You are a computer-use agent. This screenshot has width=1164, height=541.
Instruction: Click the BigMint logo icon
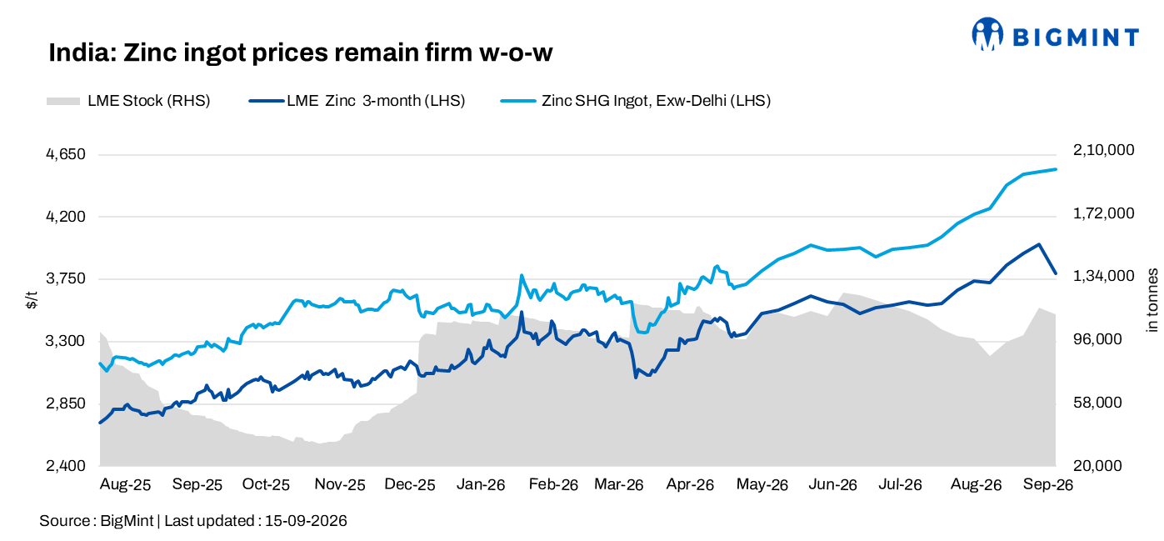tap(987, 34)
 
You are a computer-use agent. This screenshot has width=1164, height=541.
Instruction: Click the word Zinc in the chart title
tap(150, 53)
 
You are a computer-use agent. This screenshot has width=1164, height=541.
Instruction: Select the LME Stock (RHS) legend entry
tap(128, 101)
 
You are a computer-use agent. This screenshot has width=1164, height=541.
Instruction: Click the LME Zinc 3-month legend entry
tap(357, 101)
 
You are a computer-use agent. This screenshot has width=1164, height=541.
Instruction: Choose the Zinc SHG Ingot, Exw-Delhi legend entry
tap(636, 101)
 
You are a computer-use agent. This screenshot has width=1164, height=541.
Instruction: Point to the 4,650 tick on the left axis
tap(66, 154)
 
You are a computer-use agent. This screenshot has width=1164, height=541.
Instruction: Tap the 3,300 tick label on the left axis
tap(66, 341)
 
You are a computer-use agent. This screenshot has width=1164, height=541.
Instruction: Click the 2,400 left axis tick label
tap(66, 466)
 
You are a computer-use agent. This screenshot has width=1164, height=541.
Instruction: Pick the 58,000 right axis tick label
tap(1097, 403)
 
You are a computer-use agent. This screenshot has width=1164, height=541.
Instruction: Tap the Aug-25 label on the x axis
tap(125, 485)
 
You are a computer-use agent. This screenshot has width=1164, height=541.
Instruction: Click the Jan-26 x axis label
tap(481, 485)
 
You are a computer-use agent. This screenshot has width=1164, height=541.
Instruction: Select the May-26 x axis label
tap(762, 485)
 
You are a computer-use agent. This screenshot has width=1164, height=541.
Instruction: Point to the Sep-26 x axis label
tap(1047, 485)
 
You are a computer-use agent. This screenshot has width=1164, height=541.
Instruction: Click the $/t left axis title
tap(32, 300)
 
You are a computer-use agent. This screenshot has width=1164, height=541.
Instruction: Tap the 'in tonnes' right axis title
tap(1152, 300)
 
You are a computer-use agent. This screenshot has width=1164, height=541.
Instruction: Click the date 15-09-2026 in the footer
tap(306, 521)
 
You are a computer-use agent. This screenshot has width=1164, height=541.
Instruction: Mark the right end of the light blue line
tap(1056, 169)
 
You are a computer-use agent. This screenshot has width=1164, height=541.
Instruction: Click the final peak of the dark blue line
tap(1038, 243)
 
